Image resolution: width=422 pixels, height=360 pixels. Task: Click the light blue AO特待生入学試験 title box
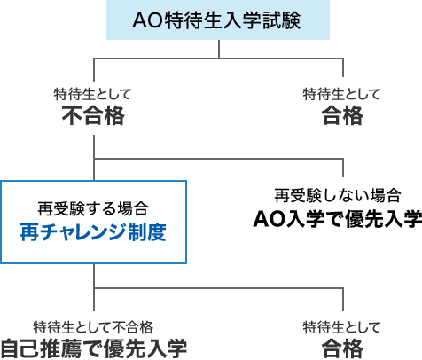coord(218,20)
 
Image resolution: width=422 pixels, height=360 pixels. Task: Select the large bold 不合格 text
coord(93,115)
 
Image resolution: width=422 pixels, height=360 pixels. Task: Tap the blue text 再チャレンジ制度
coord(93,232)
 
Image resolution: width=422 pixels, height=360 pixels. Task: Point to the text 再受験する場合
coord(93,208)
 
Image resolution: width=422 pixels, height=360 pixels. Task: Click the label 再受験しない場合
coord(338,196)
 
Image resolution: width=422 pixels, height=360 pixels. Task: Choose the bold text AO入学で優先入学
coord(338,219)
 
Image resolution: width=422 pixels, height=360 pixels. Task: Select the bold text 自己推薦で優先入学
coord(93,348)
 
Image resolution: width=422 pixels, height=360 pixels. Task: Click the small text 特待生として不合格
coord(93,327)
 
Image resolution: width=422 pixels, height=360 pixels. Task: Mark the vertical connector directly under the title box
coord(219,49)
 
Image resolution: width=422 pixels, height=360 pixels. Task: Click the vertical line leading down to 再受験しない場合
coord(343,168)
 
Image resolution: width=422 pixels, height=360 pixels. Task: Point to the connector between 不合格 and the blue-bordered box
coord(94,158)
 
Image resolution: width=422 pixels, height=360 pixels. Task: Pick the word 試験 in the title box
coord(282,20)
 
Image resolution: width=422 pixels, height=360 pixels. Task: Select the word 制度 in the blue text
coord(147,232)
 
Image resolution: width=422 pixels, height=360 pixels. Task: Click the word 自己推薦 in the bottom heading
coord(41,348)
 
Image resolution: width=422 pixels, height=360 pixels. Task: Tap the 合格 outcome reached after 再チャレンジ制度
coord(342,348)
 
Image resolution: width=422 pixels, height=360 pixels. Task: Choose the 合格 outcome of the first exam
coord(342,115)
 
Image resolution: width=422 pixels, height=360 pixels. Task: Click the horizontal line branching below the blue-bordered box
coord(219,287)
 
